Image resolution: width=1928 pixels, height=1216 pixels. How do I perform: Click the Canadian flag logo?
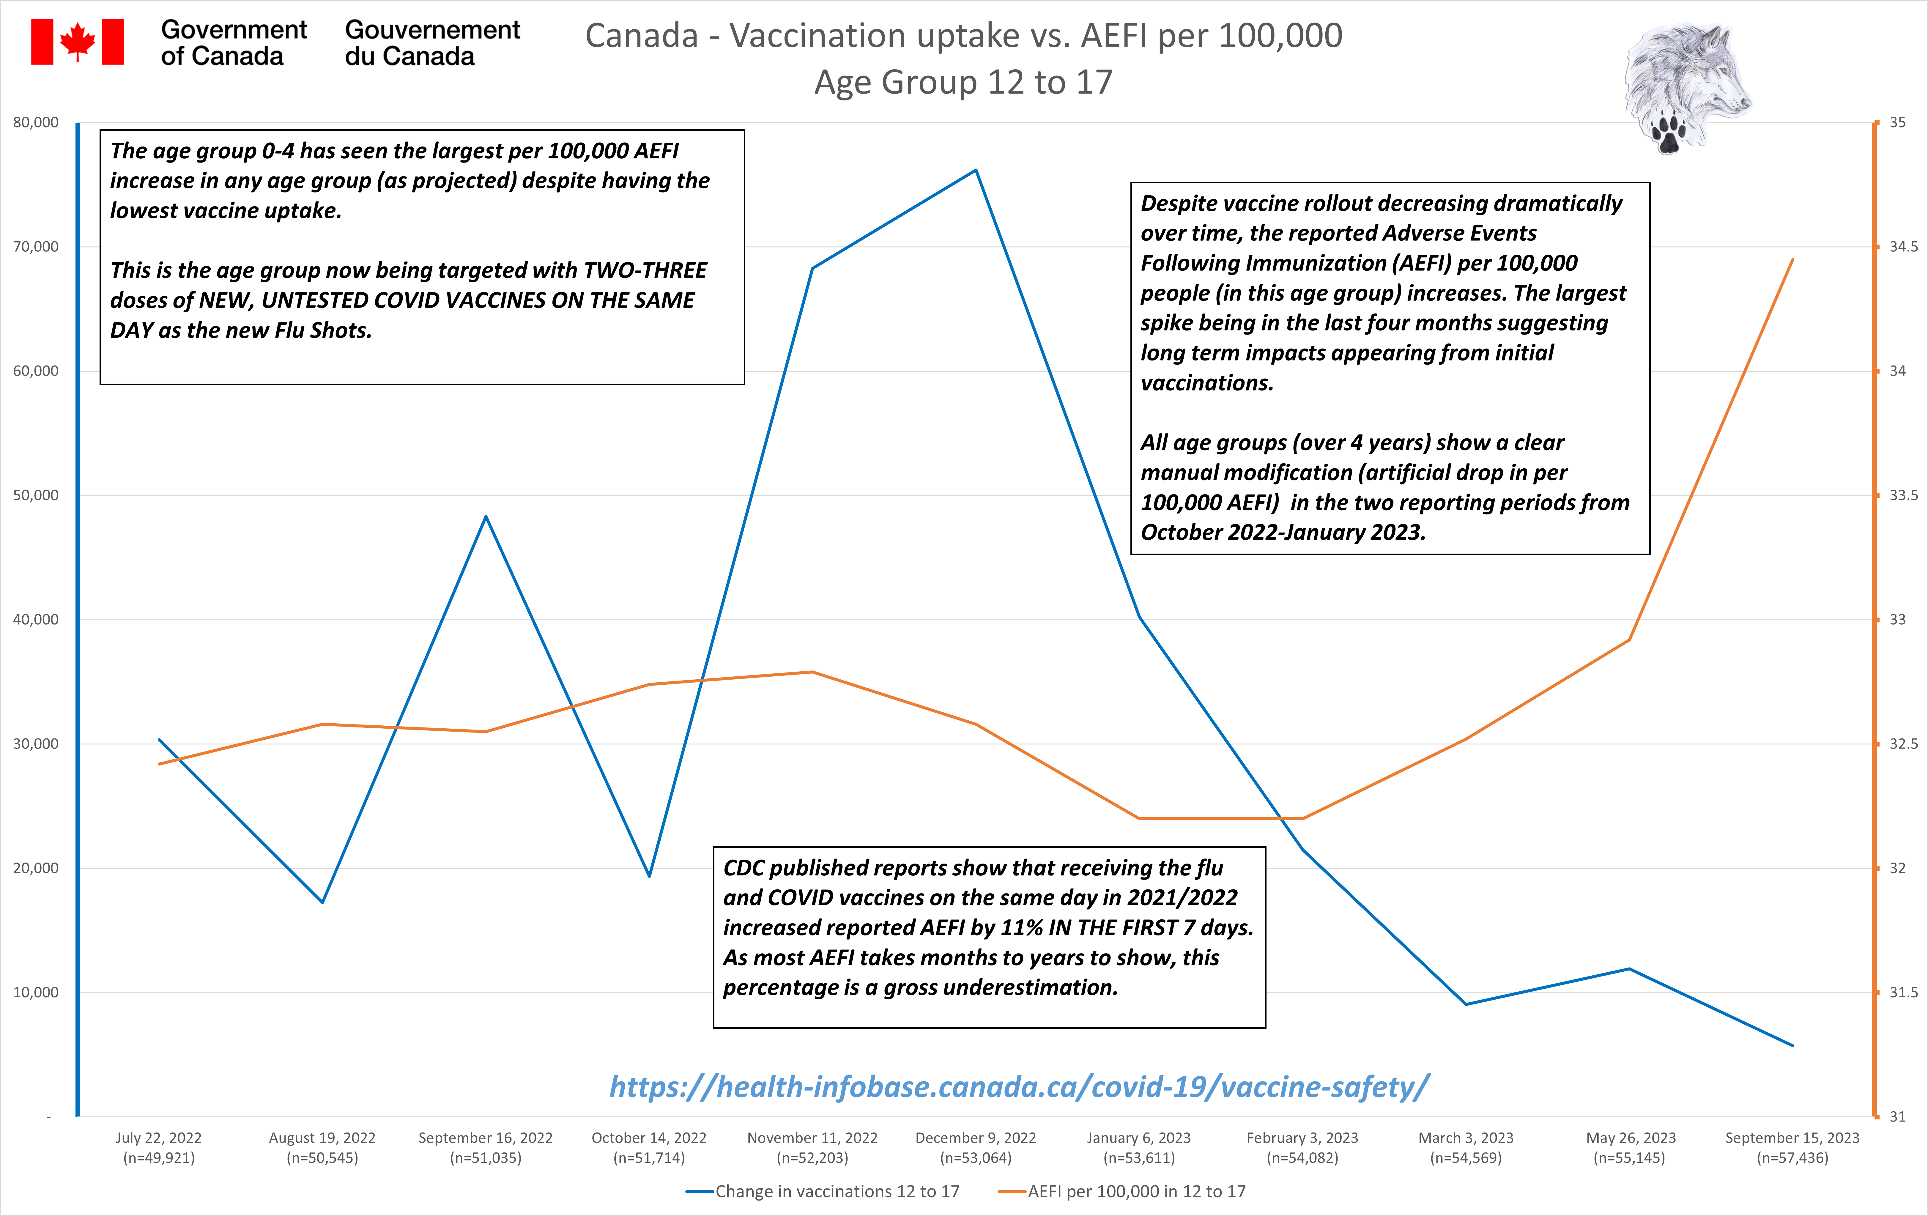coord(78,42)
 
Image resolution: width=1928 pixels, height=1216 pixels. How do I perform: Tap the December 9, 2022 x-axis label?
coord(975,1147)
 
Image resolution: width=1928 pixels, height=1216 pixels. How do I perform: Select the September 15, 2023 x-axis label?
coord(1792,1147)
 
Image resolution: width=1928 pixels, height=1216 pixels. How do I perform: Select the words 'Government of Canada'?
coord(234,42)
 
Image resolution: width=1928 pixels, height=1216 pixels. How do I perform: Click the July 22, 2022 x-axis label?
coord(158,1147)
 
